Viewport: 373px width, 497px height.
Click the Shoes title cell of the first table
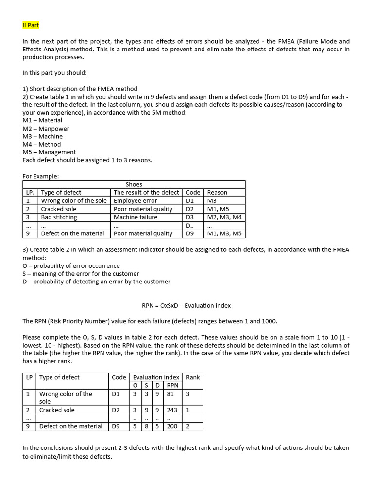pos(134,184)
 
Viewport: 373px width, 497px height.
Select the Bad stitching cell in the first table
pos(59,217)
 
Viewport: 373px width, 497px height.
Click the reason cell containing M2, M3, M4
pos(224,217)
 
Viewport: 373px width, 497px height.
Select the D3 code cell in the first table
pos(190,217)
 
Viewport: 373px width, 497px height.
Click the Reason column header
pos(217,192)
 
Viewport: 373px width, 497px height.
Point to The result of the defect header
pos(146,192)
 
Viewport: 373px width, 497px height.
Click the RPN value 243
pos(172,410)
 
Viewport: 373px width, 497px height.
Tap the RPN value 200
pos(172,426)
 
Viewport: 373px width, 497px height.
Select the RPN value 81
pos(170,394)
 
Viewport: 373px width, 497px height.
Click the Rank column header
pos(193,377)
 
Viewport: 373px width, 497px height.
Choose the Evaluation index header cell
pos(156,377)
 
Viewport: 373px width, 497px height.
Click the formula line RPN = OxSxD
pos(186,305)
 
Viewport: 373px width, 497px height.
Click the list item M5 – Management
pos(50,152)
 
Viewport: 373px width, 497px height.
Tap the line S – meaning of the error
pos(81,273)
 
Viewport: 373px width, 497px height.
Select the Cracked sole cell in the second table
pos(57,410)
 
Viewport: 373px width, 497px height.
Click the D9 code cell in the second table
pos(116,426)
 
